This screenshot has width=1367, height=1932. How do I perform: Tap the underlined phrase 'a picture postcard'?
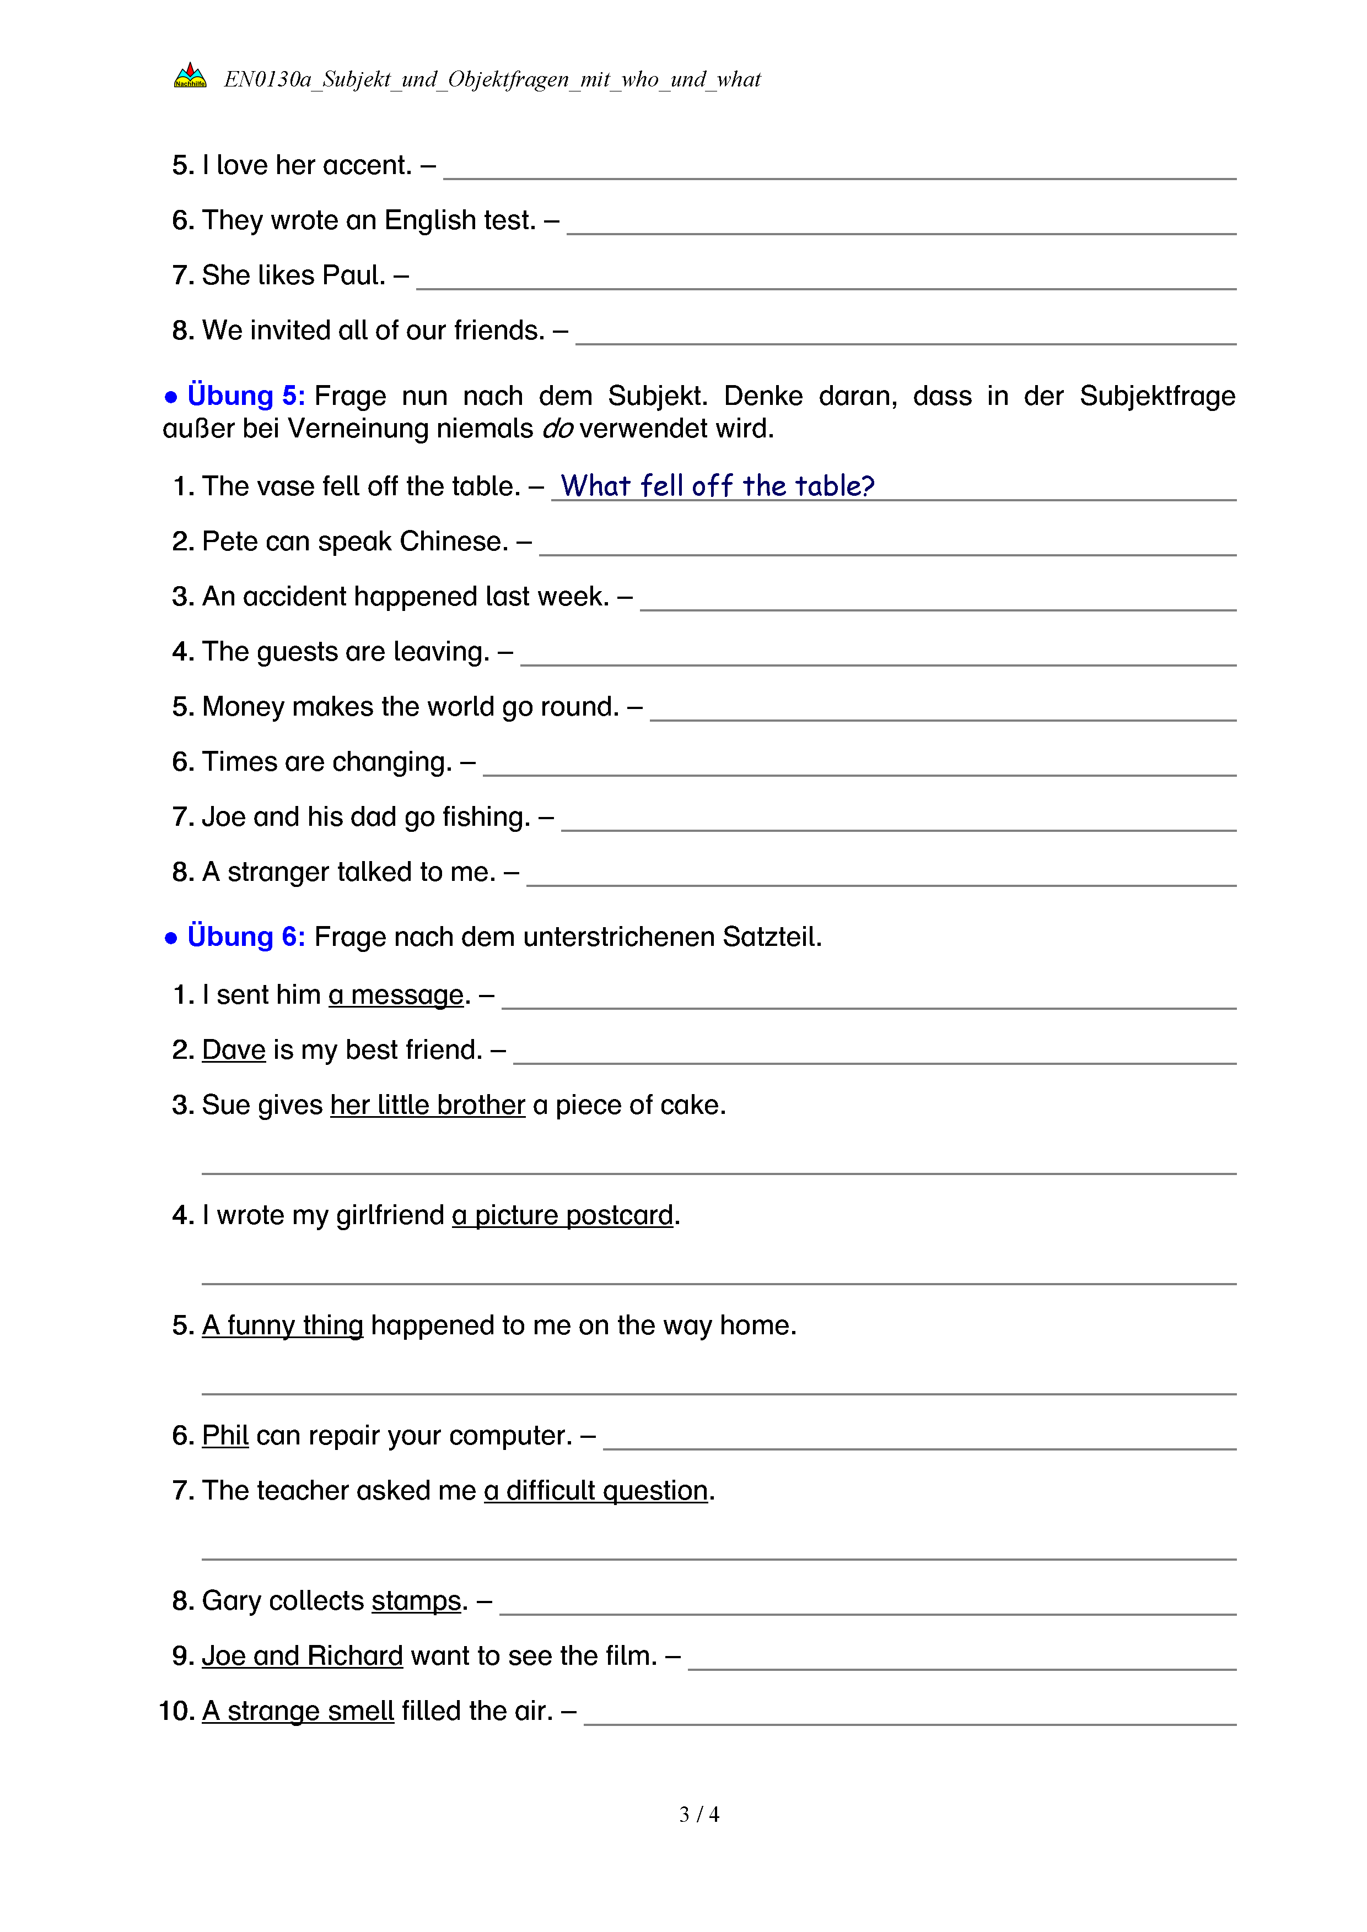coord(562,1215)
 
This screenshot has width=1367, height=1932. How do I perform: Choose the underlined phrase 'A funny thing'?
coord(282,1325)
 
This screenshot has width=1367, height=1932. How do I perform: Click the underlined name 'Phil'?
coord(225,1436)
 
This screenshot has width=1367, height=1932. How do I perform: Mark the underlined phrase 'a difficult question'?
coord(595,1491)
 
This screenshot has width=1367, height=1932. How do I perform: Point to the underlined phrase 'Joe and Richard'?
coord(302,1656)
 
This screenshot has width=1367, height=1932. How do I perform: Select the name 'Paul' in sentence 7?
coord(353,275)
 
